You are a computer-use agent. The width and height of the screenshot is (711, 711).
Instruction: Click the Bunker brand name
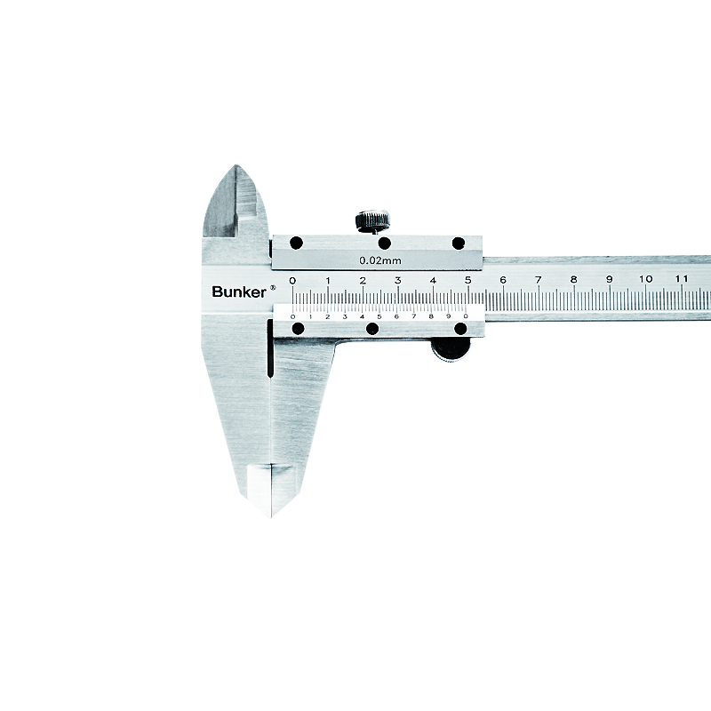tap(239, 292)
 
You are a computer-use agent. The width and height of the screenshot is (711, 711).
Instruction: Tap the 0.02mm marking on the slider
tap(380, 260)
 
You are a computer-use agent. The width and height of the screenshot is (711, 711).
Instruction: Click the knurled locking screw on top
tap(372, 220)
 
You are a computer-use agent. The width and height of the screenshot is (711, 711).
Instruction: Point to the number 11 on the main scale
tap(681, 278)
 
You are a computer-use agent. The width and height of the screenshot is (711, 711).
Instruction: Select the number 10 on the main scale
tap(646, 279)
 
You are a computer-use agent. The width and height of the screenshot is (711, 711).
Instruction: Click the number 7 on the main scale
tap(539, 280)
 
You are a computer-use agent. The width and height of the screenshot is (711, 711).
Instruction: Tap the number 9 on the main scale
tap(610, 279)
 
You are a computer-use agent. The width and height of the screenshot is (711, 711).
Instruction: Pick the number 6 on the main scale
tap(503, 280)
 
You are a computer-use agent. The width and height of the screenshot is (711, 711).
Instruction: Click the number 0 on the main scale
tap(292, 281)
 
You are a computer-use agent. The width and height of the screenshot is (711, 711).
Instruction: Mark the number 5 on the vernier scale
tap(379, 316)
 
